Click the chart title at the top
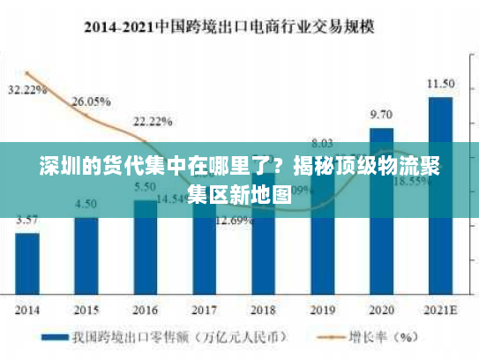coord(239,26)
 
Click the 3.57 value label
coord(27,220)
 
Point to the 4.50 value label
coord(86,204)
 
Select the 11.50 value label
coord(440,84)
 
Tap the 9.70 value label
coord(381,115)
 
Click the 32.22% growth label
coord(27,90)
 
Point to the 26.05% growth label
coord(90,101)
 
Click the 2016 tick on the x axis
coord(146,310)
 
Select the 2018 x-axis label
coord(263,310)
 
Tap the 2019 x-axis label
coord(322,310)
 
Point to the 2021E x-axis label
coord(440,310)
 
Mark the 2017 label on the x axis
coord(204,310)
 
